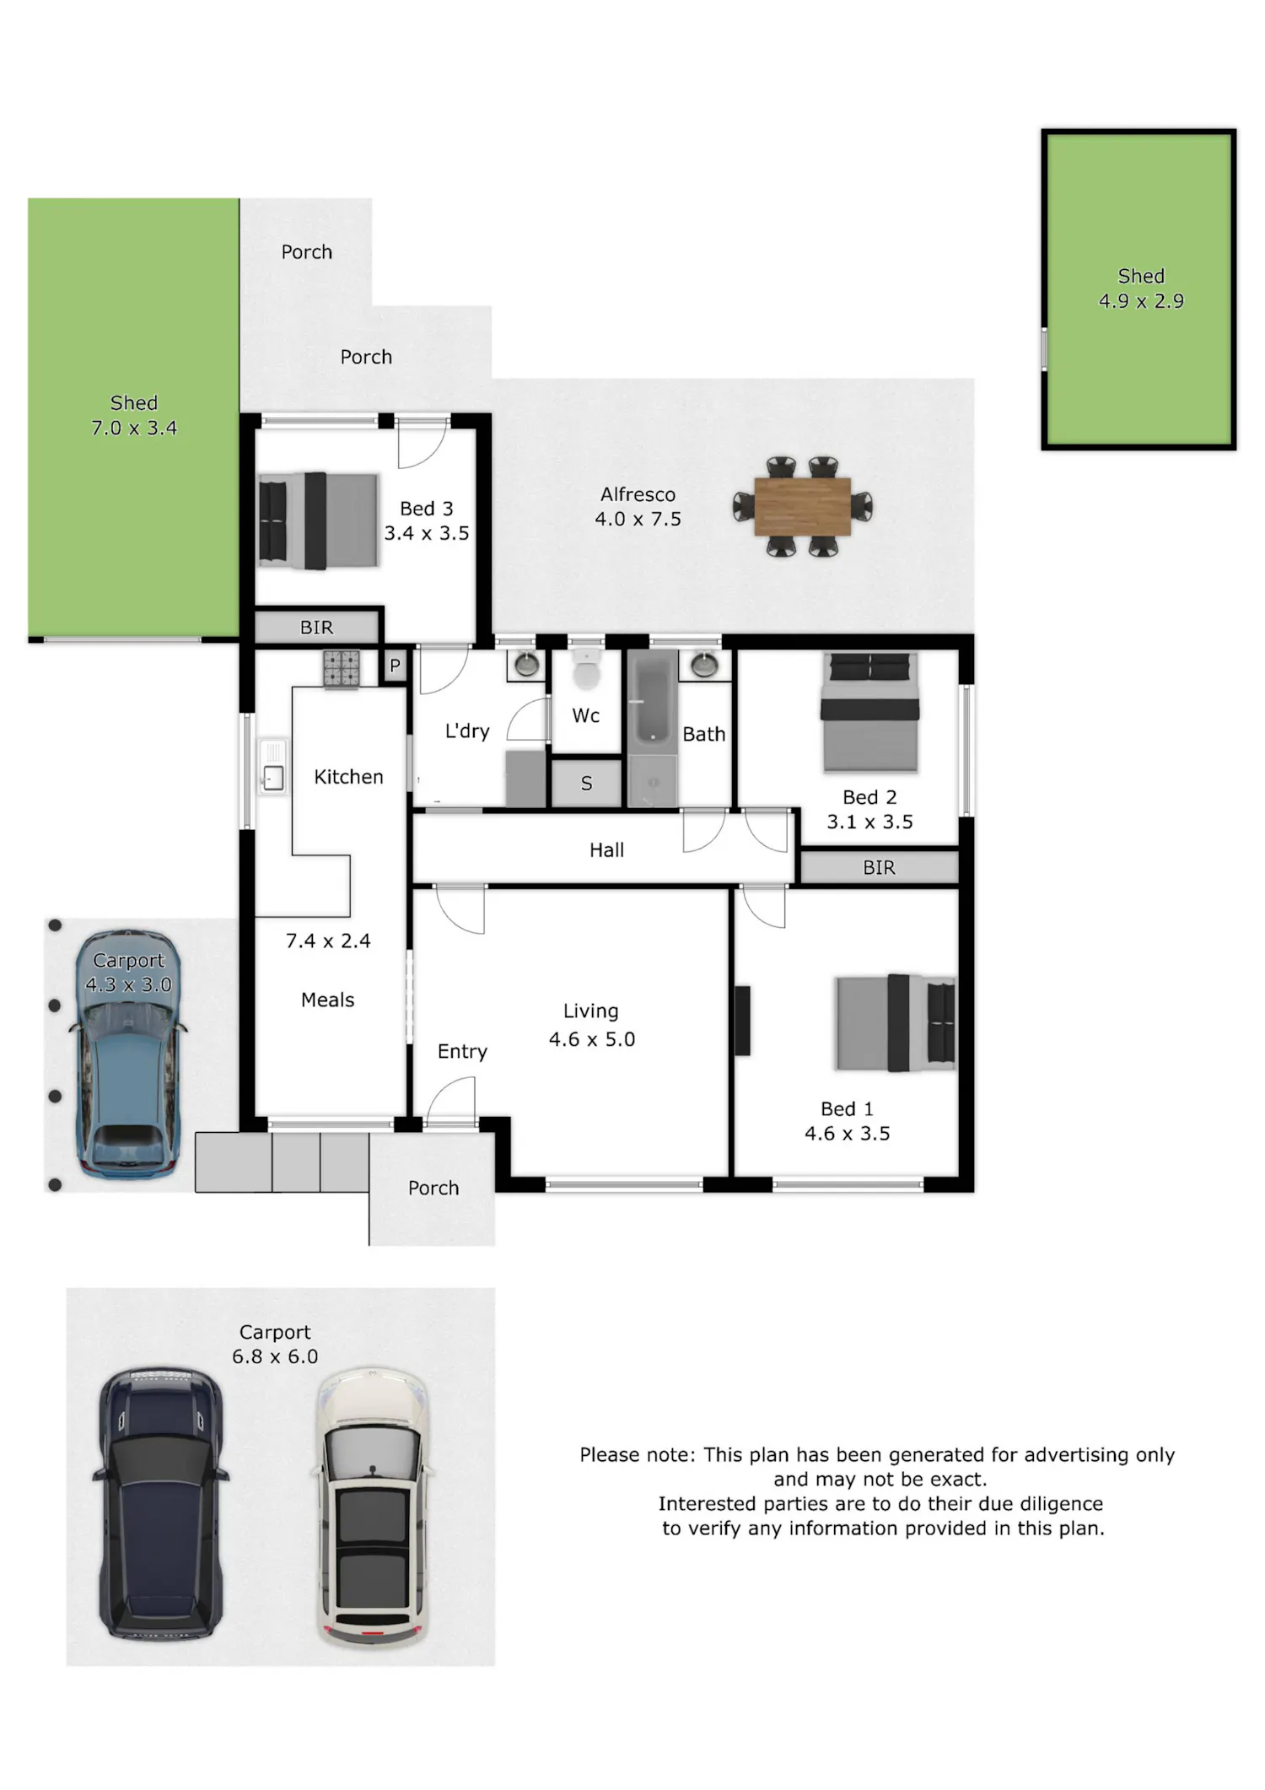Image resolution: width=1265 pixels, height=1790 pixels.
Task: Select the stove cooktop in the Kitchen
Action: [342, 668]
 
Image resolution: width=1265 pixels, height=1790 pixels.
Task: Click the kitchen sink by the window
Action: [272, 766]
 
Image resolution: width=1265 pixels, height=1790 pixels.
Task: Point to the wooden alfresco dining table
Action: [802, 506]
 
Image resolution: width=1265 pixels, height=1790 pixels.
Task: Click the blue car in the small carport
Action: [128, 1054]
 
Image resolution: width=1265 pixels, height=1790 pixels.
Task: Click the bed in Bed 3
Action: [318, 520]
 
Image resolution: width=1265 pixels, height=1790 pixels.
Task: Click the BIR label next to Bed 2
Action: [879, 868]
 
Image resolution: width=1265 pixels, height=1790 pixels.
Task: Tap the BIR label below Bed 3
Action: [316, 628]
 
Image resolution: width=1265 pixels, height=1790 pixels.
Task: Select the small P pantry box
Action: [394, 666]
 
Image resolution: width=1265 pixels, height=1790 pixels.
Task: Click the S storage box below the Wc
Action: [587, 784]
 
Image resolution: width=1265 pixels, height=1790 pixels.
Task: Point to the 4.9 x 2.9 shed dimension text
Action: [1141, 301]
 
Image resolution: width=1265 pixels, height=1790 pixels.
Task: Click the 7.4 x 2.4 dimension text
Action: [328, 941]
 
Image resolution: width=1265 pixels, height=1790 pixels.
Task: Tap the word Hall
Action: [607, 850]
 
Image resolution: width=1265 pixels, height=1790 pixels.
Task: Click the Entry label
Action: [462, 1052]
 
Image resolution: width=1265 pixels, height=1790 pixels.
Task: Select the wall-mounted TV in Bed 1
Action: [742, 1021]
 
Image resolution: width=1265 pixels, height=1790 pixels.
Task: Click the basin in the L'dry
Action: [527, 665]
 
